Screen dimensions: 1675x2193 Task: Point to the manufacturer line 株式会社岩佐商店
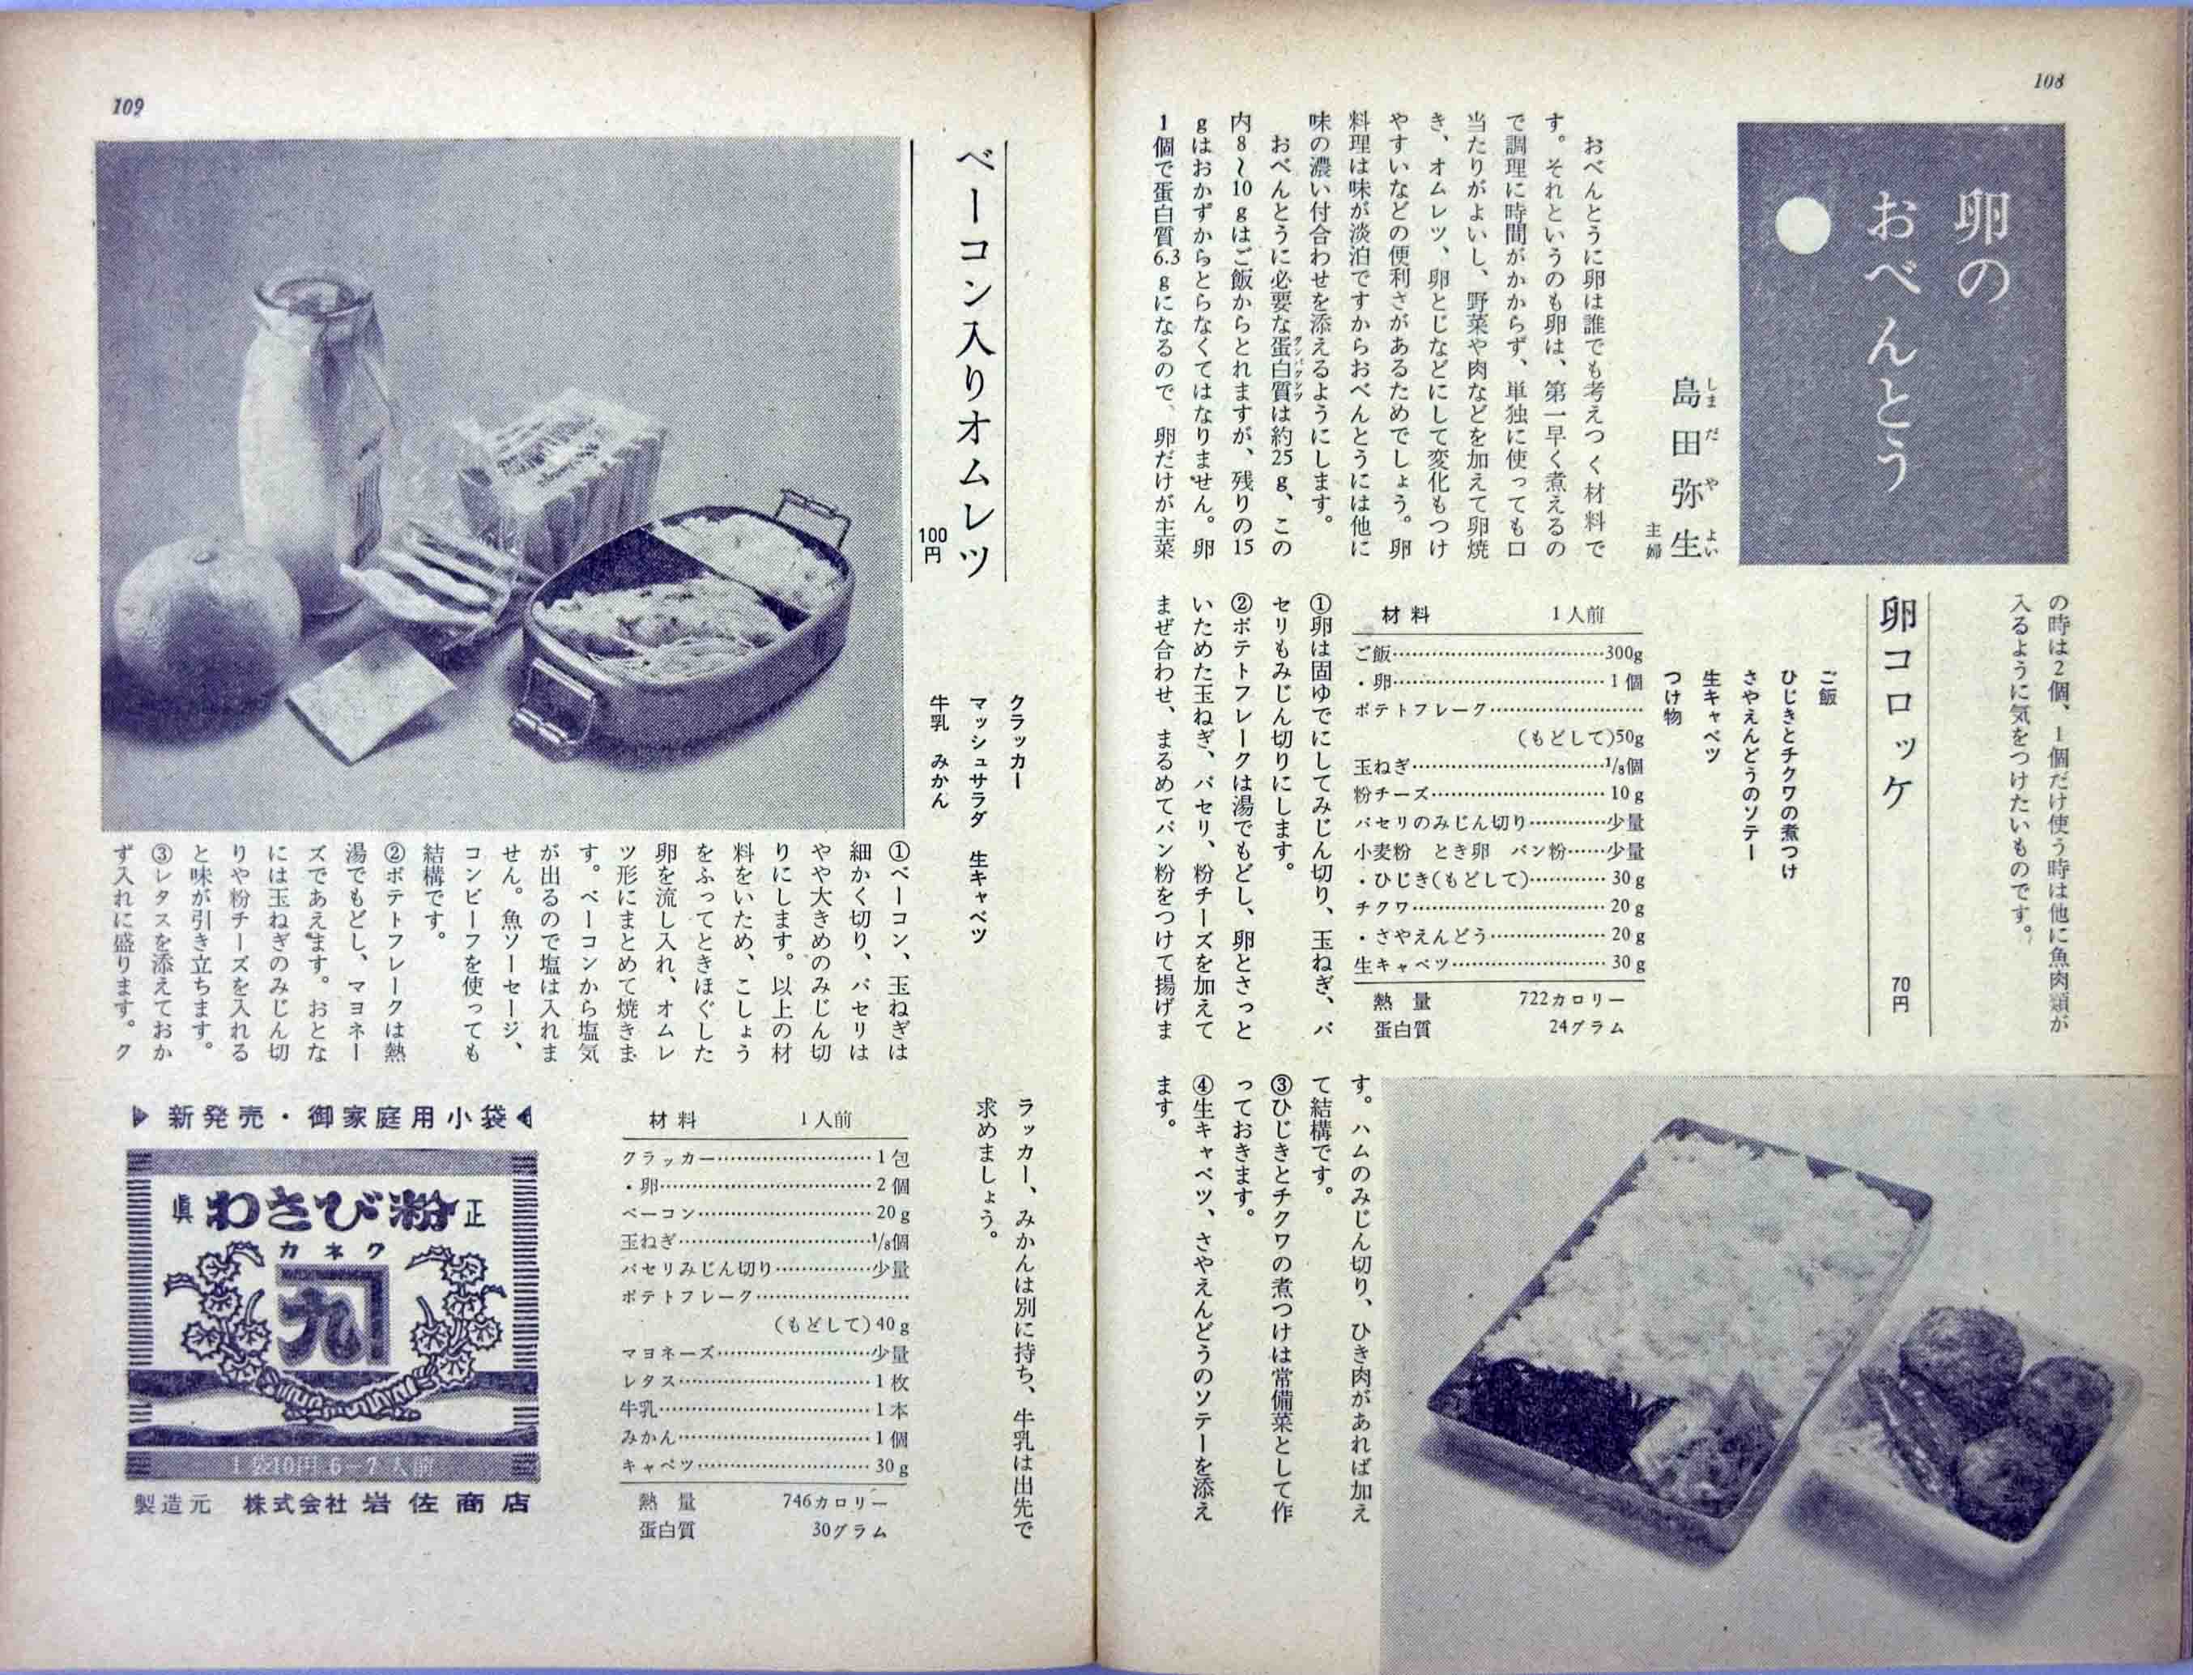coord(387,1532)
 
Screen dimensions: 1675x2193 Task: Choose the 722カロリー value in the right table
coord(1567,999)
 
